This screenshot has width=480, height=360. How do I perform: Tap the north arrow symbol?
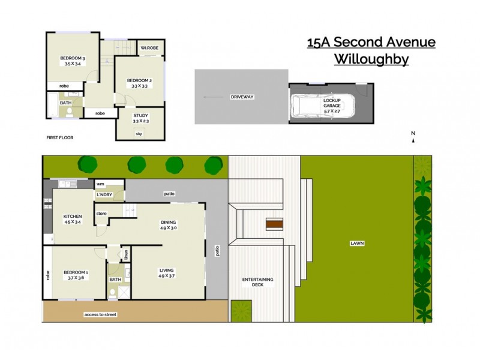pos(413,141)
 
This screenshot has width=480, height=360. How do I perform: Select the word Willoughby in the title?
pos(371,59)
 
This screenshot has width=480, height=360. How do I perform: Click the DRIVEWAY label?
pos(242,97)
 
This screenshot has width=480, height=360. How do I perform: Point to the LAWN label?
pos(358,243)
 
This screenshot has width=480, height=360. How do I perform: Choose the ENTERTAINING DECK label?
pos(258,283)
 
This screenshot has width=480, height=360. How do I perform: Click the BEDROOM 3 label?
pos(72,58)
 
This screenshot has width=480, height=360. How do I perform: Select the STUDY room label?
pos(140,116)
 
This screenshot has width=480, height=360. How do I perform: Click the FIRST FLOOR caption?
pos(59,137)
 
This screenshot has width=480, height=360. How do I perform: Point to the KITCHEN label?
pos(73,217)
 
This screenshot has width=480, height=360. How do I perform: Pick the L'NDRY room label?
pos(105,195)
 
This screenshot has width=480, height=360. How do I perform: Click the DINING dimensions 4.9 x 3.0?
pos(169,228)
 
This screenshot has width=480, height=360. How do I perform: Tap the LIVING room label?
pos(167,270)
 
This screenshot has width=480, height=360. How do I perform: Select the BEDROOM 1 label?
pos(76,273)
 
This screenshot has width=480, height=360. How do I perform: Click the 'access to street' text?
pos(100,313)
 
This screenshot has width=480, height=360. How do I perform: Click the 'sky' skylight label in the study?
pos(139,133)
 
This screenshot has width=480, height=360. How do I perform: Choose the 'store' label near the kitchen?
pos(101,212)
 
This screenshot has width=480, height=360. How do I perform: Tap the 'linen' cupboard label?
pos(125,254)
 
